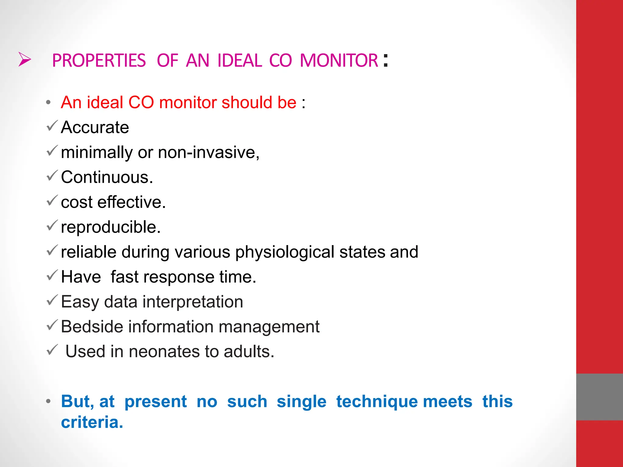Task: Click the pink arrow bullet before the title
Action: [24, 59]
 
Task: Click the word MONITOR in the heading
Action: [339, 61]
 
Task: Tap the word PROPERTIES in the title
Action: [99, 61]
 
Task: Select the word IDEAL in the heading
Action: [240, 61]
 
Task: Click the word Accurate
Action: [95, 127]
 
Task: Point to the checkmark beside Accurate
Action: [52, 126]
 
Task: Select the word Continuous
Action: [106, 177]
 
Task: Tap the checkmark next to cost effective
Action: [52, 200]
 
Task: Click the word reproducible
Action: [110, 227]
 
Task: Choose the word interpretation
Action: [193, 302]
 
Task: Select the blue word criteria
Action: [92, 422]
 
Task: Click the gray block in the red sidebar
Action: [599, 397]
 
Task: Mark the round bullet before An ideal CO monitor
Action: [48, 102]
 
